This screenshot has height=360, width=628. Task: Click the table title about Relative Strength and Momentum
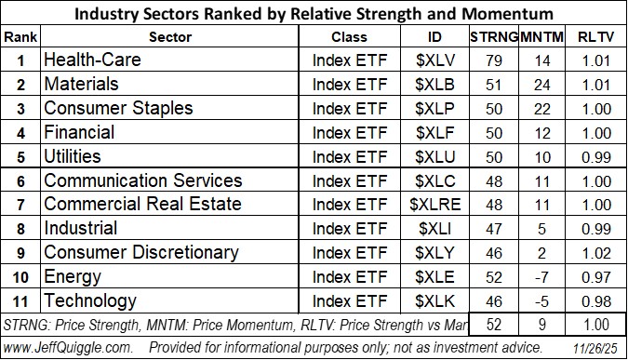[x=314, y=13]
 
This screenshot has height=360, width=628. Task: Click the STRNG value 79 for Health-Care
[x=490, y=60]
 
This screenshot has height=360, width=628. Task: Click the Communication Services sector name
[x=131, y=180]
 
